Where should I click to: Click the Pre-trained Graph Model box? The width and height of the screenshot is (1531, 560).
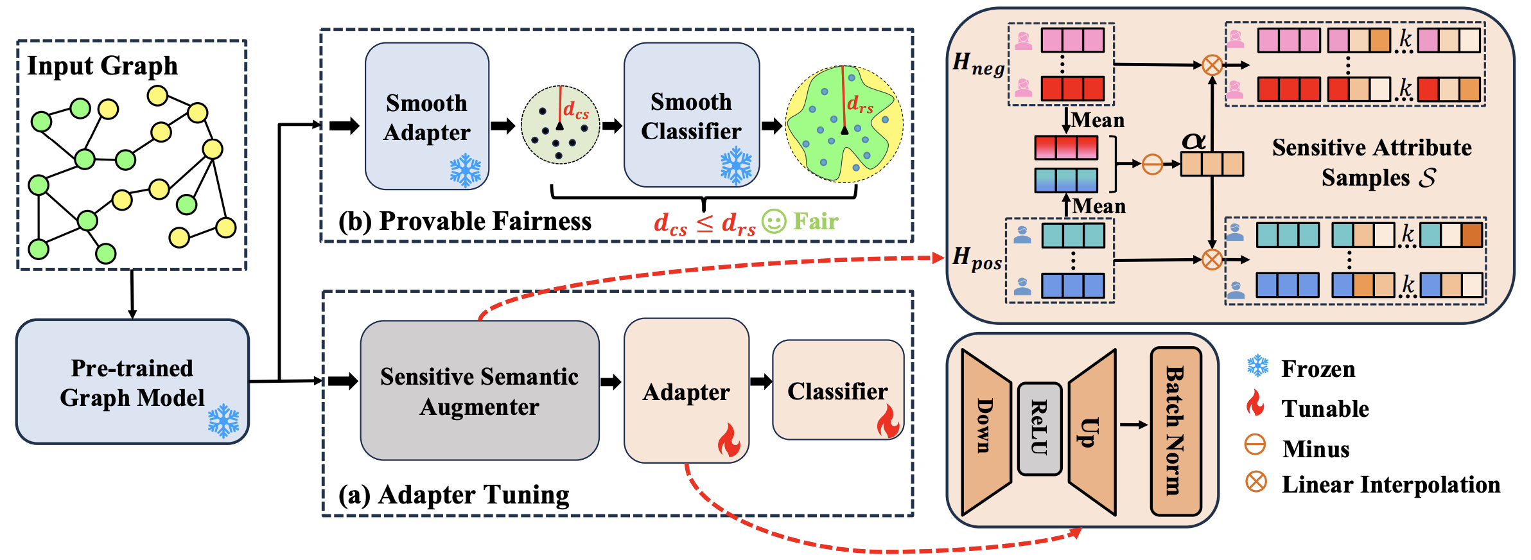[132, 381]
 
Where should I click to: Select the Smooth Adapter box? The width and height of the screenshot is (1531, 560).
[426, 116]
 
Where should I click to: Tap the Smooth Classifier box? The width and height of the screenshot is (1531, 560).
[691, 115]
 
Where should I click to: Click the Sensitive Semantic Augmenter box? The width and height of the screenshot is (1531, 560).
[479, 390]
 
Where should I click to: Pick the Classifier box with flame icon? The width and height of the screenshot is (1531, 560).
[837, 390]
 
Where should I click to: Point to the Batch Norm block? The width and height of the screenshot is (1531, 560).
[1175, 431]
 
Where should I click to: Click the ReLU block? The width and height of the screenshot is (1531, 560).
[1039, 428]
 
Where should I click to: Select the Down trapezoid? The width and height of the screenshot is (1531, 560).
[986, 432]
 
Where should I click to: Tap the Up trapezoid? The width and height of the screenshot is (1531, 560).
[1092, 432]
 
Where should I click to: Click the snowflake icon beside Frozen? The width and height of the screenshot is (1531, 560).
[1257, 366]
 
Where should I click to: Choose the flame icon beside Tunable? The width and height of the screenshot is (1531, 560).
[1255, 405]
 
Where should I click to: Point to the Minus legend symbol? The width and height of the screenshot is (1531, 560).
[1255, 444]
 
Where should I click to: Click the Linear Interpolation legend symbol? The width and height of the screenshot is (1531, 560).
[1256, 481]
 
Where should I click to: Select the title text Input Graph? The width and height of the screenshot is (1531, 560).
[102, 66]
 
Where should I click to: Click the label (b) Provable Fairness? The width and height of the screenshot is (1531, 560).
[465, 221]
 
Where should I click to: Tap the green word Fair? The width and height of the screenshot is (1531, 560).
[816, 222]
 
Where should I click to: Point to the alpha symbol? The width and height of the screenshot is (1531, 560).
[1194, 141]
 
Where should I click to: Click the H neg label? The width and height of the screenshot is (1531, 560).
[978, 64]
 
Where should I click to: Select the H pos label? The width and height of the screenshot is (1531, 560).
[977, 259]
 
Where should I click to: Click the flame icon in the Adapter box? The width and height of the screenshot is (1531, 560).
[729, 440]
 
